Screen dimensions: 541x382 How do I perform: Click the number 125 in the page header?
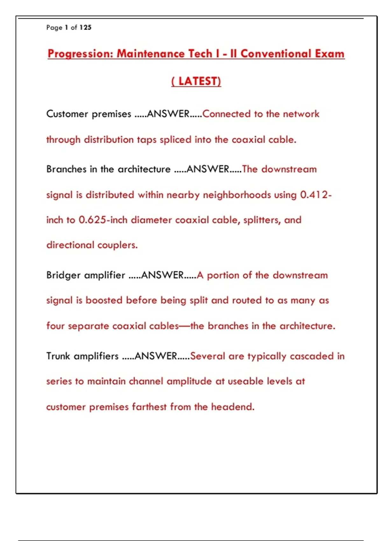tap(85, 27)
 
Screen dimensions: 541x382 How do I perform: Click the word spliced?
tap(175, 140)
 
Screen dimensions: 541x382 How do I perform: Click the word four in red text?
tap(55, 326)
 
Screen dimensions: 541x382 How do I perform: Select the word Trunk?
tap(58, 356)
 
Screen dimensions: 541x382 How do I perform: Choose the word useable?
tap(245, 381)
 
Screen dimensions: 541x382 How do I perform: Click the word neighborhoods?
tap(237, 194)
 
